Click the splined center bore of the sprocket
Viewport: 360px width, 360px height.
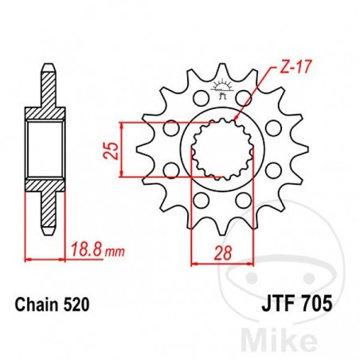218,151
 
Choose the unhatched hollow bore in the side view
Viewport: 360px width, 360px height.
47,151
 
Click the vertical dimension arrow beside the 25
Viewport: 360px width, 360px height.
121,151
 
